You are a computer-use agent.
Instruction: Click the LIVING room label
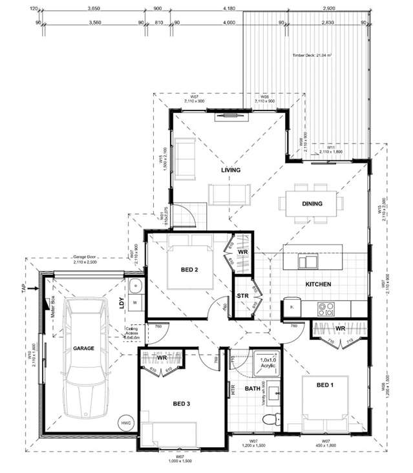pos(230,171)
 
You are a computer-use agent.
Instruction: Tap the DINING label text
pos(312,204)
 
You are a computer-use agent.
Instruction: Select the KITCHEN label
pos(318,284)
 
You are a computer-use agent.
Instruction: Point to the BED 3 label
pos(182,403)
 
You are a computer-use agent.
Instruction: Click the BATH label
pos(252,389)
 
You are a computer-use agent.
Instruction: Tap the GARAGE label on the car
pos(83,348)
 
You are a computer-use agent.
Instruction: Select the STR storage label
pos(243,297)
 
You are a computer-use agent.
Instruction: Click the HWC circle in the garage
pos(125,423)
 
